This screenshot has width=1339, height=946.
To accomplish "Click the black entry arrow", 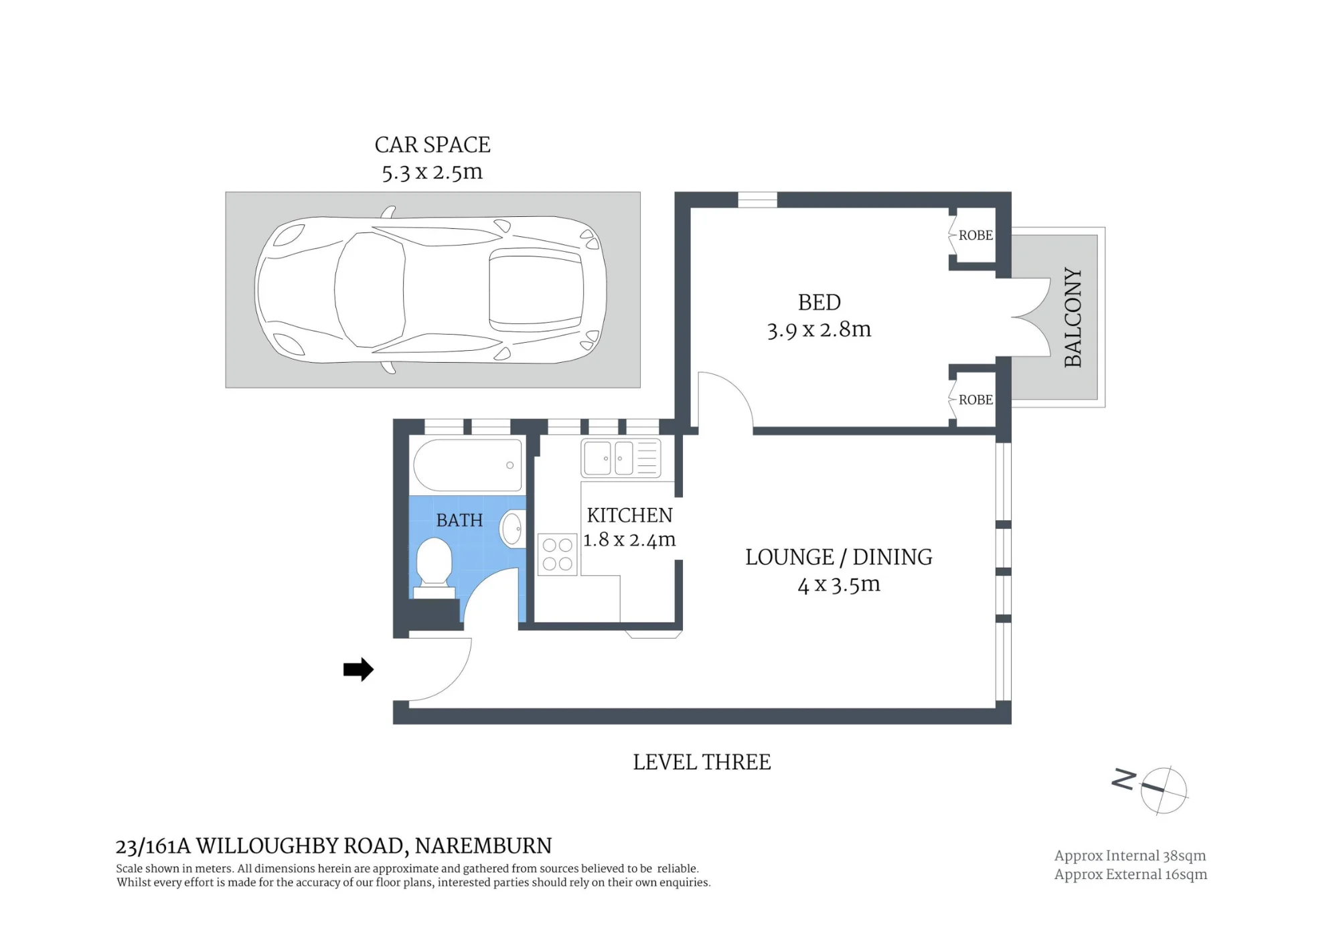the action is pyautogui.click(x=358, y=669).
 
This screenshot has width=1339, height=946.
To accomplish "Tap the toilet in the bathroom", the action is pyautogui.click(x=434, y=569).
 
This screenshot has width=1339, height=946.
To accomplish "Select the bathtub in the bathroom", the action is pyautogui.click(x=467, y=465).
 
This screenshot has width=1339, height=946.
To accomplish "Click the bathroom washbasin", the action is pyautogui.click(x=513, y=529).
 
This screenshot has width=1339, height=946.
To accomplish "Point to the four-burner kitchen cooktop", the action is pyautogui.click(x=557, y=554).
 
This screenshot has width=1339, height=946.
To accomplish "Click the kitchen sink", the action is pyautogui.click(x=621, y=458).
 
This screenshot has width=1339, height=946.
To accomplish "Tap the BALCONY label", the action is pyautogui.click(x=1073, y=317).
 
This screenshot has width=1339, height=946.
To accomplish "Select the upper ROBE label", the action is pyautogui.click(x=975, y=235).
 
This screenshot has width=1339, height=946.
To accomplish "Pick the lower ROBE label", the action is pyautogui.click(x=975, y=400).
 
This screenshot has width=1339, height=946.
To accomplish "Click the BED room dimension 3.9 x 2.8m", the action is pyautogui.click(x=819, y=329).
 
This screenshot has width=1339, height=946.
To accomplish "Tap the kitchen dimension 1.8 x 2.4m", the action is pyautogui.click(x=629, y=540).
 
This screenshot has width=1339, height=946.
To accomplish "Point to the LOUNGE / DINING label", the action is pyautogui.click(x=839, y=557).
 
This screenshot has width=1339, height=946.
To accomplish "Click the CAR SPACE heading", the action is pyautogui.click(x=432, y=145).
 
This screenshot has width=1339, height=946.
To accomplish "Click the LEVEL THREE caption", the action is pyautogui.click(x=702, y=762).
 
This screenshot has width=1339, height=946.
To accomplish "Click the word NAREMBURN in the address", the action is pyautogui.click(x=483, y=846).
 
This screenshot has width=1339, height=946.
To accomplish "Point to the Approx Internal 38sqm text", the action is pyautogui.click(x=1130, y=856).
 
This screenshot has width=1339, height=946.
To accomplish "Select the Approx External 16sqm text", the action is pyautogui.click(x=1131, y=874).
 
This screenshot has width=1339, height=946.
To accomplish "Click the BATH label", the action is pyautogui.click(x=459, y=520).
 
